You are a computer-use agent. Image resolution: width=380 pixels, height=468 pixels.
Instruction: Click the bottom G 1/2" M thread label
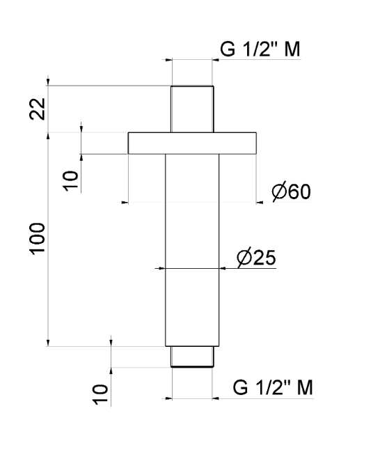(273, 388)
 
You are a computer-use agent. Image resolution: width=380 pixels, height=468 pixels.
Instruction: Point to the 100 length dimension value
(38, 239)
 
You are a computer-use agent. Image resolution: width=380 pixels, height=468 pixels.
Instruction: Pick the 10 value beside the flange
(71, 179)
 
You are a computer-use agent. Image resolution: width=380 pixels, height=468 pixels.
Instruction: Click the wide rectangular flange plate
(192, 143)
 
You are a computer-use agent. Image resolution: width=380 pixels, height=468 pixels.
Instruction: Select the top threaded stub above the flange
(192, 109)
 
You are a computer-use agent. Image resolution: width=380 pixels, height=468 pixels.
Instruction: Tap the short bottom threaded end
(192, 356)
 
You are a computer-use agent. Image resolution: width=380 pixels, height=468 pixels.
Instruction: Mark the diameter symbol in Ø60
(278, 192)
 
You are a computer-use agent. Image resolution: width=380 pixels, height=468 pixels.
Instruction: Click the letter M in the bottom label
(304, 388)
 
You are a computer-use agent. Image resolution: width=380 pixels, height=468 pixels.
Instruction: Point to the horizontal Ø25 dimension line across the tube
(192, 267)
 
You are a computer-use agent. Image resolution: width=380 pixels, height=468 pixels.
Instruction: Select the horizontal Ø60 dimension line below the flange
(192, 203)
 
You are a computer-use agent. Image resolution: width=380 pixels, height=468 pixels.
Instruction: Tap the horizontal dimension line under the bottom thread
(192, 399)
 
